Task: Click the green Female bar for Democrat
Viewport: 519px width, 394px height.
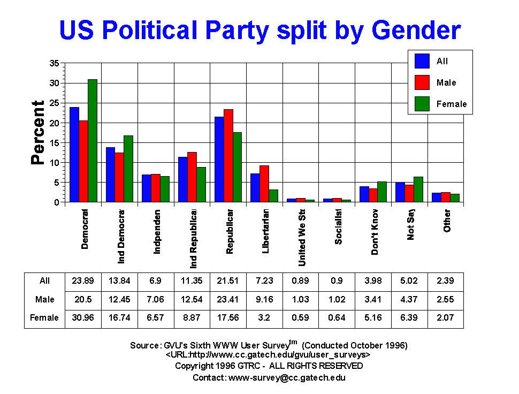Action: (x=93, y=141)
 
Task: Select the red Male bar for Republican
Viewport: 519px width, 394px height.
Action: (x=228, y=156)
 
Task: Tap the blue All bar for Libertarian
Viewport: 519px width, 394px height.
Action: (x=255, y=188)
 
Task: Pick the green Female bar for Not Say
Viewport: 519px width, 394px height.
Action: (x=418, y=190)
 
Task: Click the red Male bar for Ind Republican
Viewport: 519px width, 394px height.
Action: (x=192, y=177)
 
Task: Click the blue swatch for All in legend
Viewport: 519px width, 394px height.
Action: (x=422, y=62)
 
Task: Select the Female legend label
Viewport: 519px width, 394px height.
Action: (x=452, y=104)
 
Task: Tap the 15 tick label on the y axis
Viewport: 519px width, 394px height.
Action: (x=54, y=142)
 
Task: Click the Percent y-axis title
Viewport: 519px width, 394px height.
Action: (x=37, y=132)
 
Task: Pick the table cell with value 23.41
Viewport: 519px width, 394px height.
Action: (x=228, y=299)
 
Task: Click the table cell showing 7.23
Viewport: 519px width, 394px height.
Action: (x=264, y=281)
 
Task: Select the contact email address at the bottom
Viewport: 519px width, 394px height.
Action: (x=287, y=377)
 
